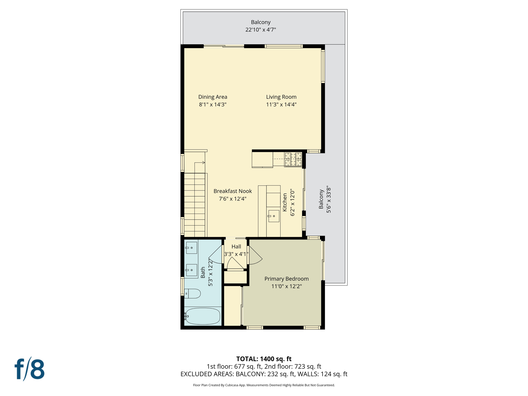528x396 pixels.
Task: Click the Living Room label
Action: [x=281, y=97]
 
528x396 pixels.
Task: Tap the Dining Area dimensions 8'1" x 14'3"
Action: [x=212, y=104]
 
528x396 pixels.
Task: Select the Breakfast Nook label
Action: [x=233, y=191]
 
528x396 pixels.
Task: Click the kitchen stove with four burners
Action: [x=293, y=159]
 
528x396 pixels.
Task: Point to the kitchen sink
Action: [x=274, y=216]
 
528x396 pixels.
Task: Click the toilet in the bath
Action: [x=193, y=293]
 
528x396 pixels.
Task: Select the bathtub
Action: [x=203, y=316]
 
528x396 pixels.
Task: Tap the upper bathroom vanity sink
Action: [x=191, y=247]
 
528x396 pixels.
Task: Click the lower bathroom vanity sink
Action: [x=191, y=270]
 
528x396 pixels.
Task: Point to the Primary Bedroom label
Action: [x=286, y=279]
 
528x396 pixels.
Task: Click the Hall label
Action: [x=236, y=246]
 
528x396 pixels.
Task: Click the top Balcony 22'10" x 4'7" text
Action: [x=260, y=26]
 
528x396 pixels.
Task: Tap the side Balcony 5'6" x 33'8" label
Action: [x=325, y=199]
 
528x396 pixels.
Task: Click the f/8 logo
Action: [x=29, y=369]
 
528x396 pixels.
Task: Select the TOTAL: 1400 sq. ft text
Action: [x=264, y=359]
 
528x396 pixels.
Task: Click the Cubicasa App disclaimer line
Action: [x=264, y=385]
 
